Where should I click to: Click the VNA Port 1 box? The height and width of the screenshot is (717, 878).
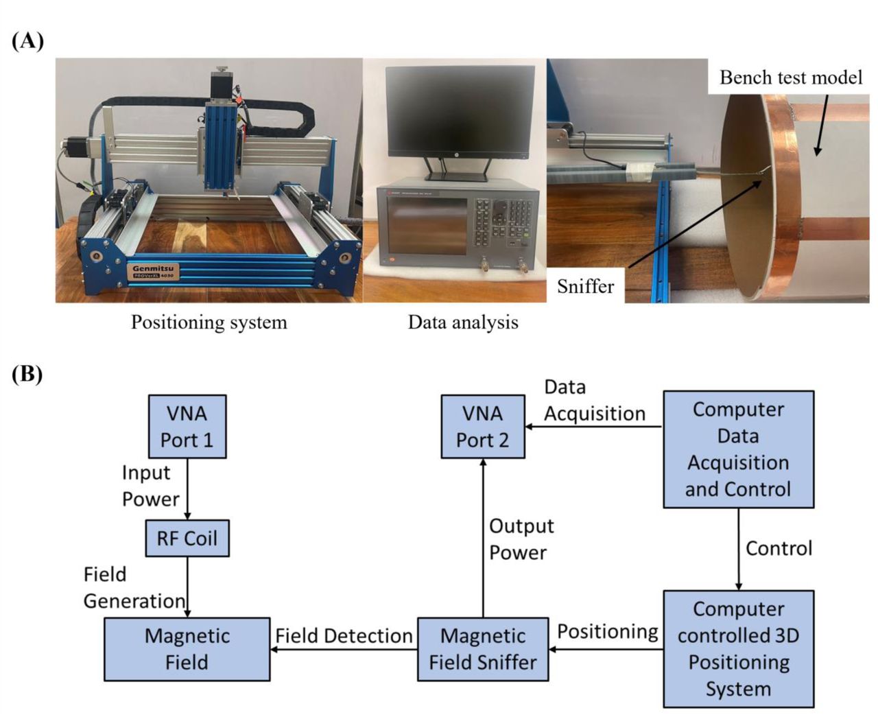point(187,426)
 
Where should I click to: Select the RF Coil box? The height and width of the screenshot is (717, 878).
point(187,538)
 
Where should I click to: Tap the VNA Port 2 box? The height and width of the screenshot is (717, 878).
point(483,426)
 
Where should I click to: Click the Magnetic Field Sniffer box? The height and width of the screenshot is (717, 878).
point(483,649)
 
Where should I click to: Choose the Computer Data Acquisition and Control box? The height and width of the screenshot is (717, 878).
point(739,449)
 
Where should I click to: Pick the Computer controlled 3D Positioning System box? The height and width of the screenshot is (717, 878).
point(739,648)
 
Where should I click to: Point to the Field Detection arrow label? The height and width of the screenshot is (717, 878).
point(344,636)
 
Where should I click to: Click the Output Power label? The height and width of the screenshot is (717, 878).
point(521,539)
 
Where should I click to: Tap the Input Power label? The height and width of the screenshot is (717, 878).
point(151,486)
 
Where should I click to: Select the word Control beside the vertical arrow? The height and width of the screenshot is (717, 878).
point(779,548)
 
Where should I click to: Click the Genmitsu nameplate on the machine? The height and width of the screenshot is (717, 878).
point(153,272)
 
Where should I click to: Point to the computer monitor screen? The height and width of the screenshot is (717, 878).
point(460,112)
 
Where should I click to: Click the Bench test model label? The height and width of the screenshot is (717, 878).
point(791,78)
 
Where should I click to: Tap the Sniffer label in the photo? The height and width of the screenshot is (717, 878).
point(585,287)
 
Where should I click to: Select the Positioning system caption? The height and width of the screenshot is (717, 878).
point(209,322)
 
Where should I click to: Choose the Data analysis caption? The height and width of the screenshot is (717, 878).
point(463,322)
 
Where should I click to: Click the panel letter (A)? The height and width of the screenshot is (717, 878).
point(27,42)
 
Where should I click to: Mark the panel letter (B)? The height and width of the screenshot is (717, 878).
point(27,374)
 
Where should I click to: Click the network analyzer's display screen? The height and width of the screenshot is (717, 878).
point(427,226)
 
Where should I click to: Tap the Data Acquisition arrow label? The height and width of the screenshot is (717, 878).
point(595,401)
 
